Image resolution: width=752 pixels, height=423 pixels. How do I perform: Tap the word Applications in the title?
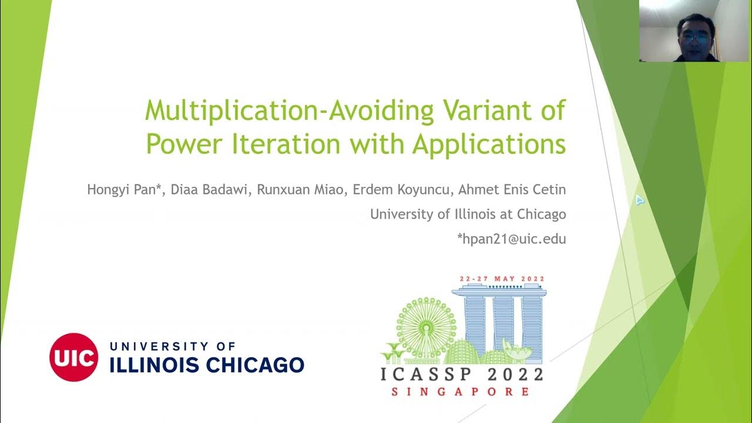(489, 144)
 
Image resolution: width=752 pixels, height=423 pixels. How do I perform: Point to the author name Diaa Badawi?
(190, 190)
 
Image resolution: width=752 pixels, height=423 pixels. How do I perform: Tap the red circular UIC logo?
(73, 357)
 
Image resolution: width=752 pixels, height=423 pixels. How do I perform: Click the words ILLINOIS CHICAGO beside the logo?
(207, 365)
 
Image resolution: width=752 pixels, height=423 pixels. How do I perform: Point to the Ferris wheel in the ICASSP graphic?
(418, 320)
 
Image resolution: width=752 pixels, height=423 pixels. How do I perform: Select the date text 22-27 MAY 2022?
(502, 278)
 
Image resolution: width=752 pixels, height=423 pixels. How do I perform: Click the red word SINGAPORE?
(461, 391)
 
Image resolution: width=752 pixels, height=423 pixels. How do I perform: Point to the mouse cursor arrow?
(639, 200)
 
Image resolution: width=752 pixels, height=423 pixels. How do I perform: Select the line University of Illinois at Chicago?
(468, 214)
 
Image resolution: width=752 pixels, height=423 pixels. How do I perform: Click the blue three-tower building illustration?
(498, 320)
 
